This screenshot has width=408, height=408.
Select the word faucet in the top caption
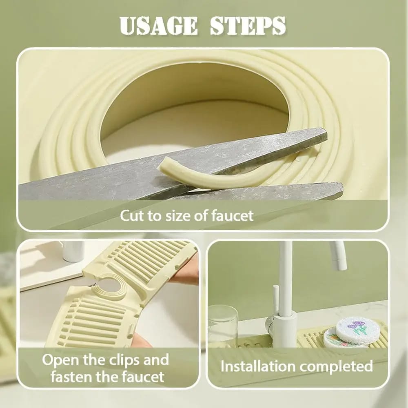[x=232, y=216]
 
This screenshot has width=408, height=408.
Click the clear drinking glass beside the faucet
[x=223, y=325]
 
